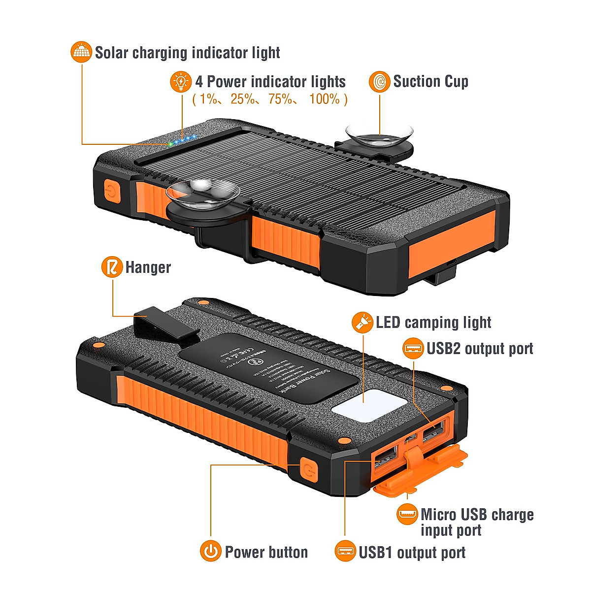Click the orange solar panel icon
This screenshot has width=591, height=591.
tap(82, 52)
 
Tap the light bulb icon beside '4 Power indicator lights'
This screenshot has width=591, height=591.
tap(181, 81)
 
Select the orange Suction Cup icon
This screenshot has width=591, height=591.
tap(380, 81)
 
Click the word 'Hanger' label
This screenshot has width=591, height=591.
tap(148, 267)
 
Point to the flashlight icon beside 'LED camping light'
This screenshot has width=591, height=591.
tap(362, 322)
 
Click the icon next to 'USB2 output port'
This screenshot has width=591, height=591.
tap(413, 349)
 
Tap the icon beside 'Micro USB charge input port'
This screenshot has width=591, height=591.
tap(407, 515)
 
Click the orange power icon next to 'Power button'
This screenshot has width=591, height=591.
tap(211, 551)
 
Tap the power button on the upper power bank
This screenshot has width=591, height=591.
tap(112, 191)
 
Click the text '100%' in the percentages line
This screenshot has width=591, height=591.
tap(325, 99)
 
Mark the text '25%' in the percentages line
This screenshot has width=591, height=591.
tap(243, 99)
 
